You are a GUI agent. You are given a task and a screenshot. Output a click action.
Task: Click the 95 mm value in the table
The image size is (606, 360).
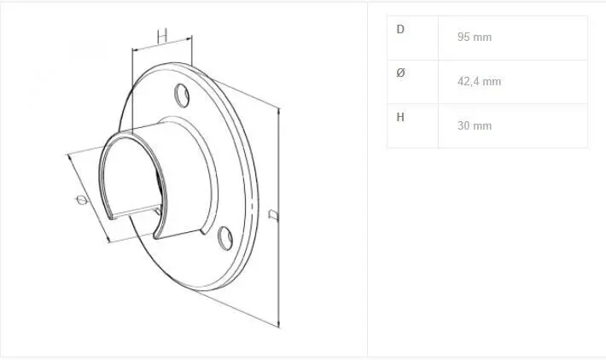coord(475,37)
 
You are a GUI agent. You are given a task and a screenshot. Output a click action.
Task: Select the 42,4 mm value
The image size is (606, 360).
coord(479,82)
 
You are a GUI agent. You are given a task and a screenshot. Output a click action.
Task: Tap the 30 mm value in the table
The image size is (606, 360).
coord(475,125)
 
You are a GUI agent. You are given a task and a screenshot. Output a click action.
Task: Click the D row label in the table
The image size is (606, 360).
coord(400,29)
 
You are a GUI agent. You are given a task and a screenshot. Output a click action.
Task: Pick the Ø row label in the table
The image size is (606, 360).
coord(400,73)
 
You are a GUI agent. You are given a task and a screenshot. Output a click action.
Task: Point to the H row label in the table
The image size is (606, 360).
coord(400,117)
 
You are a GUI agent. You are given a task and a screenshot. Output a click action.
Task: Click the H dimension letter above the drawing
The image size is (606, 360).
coord(162,36)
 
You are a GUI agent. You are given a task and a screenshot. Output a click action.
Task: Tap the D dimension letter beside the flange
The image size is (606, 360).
coord(274,215)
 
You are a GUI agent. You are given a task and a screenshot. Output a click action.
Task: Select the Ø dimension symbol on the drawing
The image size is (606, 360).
coord(82,200)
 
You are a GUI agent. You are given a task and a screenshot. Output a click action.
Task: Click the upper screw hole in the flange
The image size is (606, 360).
coord(182,96)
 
